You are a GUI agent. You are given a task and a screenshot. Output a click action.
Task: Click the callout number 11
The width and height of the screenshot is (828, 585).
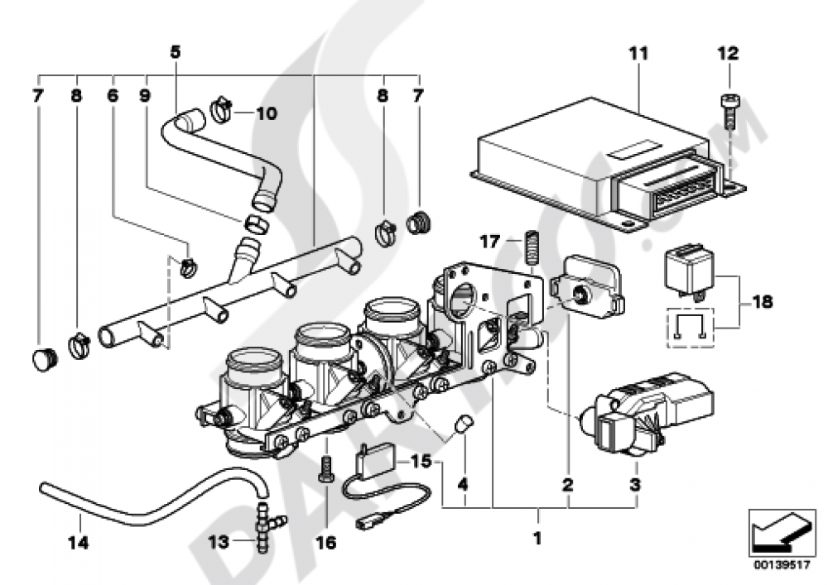pyautogui.click(x=638, y=53)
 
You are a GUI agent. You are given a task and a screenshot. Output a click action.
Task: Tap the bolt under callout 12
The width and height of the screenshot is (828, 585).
pyautogui.click(x=729, y=112)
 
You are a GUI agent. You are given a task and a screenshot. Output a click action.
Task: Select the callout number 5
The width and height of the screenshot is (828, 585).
pyautogui.click(x=175, y=51)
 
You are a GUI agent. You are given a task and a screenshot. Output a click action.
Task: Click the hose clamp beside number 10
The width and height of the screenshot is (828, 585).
pyautogui.click(x=222, y=108)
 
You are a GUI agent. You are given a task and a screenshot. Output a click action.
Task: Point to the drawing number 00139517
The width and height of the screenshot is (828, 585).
pyautogui.click(x=782, y=565)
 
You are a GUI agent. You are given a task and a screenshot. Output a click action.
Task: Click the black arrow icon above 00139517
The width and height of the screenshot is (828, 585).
pyautogui.click(x=782, y=532)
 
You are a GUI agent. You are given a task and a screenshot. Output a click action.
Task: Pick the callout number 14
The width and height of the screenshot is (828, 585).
pyautogui.click(x=78, y=542)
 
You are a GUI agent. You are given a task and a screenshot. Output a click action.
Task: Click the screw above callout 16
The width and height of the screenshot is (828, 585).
pyautogui.click(x=325, y=468)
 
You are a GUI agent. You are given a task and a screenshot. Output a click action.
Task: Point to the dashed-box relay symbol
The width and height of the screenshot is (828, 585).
pyautogui.click(x=691, y=328)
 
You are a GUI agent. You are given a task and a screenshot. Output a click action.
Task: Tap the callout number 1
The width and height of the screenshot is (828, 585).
pyautogui.click(x=537, y=539)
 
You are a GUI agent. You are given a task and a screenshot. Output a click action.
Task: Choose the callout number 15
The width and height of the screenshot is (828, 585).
pyautogui.click(x=421, y=461)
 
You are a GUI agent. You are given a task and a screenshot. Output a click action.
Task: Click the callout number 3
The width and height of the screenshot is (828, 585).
pyautogui.click(x=635, y=484)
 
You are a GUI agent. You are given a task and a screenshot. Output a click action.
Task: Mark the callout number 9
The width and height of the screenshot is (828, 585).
pyautogui.click(x=144, y=95)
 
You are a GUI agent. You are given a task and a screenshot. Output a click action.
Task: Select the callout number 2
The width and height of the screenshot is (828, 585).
pyautogui.click(x=568, y=484)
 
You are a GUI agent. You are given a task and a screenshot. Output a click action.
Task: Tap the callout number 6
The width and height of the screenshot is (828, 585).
pyautogui.click(x=113, y=95)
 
